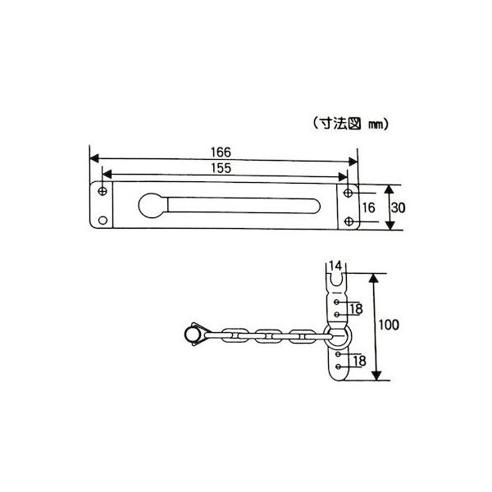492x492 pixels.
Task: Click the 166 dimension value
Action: click(221, 153)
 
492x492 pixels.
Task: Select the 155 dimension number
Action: click(221, 168)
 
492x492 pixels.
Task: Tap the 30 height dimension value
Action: click(399, 207)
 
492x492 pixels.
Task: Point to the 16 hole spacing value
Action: click(369, 207)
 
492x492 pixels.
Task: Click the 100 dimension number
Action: click(389, 325)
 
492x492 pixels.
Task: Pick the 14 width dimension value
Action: click(335, 266)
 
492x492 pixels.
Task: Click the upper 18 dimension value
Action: click(356, 309)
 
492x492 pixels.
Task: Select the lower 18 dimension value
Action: click(359, 361)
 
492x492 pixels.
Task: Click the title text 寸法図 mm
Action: click(351, 125)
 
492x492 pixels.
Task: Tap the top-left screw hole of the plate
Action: click(102, 191)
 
